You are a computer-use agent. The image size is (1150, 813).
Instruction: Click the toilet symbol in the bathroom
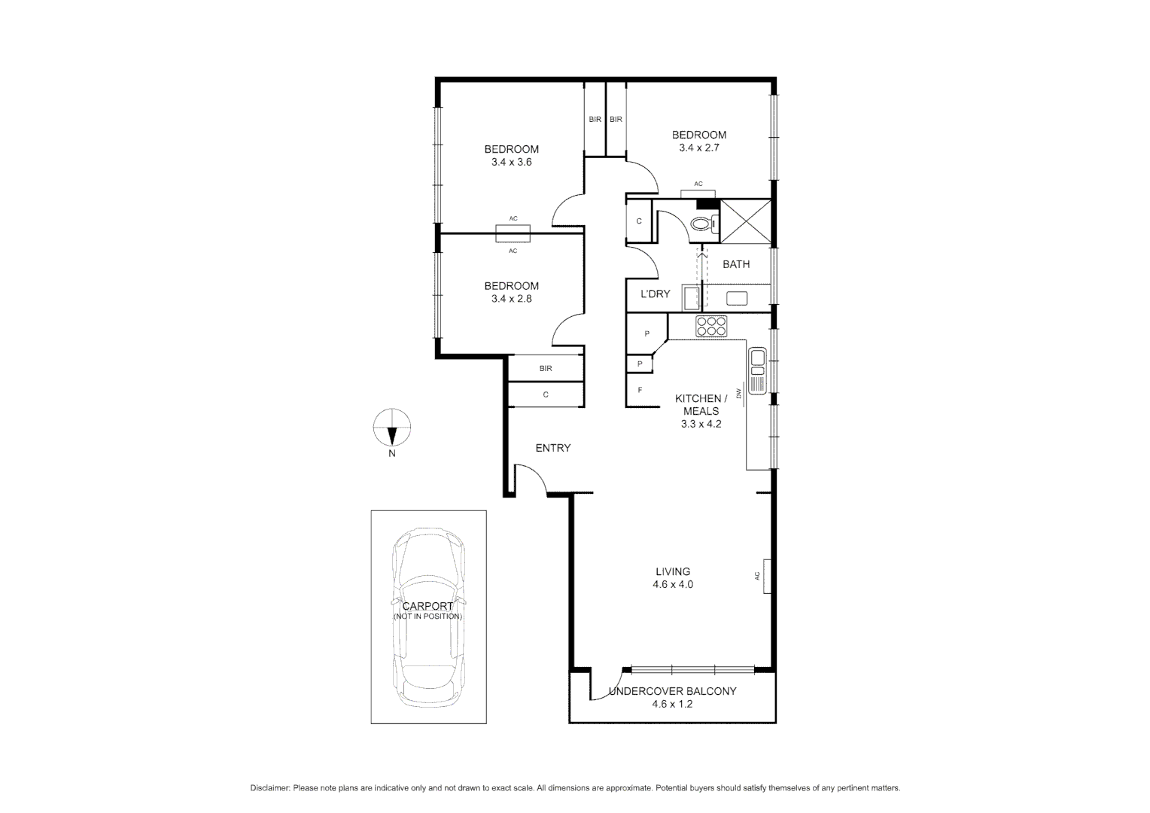[x=704, y=224]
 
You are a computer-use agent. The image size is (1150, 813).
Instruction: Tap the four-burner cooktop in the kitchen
[x=711, y=326]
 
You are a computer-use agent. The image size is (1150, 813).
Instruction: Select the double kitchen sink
[x=757, y=361]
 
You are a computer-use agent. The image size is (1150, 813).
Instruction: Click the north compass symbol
[x=392, y=428]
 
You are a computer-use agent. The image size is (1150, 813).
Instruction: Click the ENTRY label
[x=552, y=448]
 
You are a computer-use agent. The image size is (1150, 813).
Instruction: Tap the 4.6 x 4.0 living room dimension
[x=672, y=584]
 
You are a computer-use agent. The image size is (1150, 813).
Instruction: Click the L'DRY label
[x=655, y=294]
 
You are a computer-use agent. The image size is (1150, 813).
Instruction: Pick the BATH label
[x=735, y=264]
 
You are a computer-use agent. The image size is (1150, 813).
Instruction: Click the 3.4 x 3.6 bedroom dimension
[x=511, y=162]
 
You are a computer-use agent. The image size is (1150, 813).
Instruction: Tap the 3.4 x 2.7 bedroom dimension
[x=698, y=148]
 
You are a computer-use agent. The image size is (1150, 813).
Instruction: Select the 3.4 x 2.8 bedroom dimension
[x=511, y=299]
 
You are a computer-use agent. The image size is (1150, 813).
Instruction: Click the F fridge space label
[x=640, y=390]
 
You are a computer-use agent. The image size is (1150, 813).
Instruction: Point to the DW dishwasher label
[x=739, y=393]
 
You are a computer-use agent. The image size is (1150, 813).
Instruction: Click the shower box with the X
[x=746, y=221]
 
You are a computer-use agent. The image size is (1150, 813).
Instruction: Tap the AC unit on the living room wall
[x=766, y=576]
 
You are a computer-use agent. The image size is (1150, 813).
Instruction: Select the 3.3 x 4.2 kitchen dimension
[x=701, y=424]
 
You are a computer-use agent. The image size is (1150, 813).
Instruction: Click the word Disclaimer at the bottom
[x=269, y=788]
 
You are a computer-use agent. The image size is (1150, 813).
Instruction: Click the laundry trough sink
[x=690, y=297]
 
